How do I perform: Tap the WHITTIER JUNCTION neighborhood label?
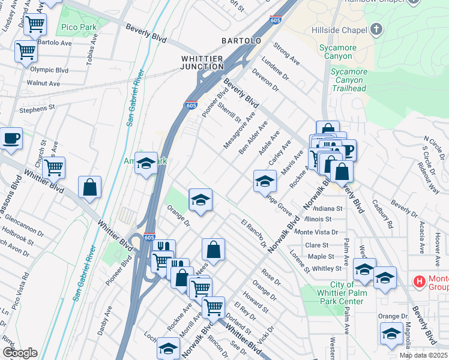[x=202, y=62]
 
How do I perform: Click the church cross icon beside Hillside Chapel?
[x=376, y=29]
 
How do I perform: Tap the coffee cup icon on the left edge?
[x=11, y=139]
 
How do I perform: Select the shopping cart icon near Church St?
[x=54, y=168]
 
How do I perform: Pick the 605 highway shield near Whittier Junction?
[x=191, y=106]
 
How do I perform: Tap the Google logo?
[x=20, y=353]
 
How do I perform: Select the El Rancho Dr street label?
[x=253, y=233]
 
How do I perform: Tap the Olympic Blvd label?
[x=49, y=70]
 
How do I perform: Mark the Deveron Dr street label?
[x=266, y=79]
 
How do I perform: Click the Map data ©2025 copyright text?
[x=424, y=355]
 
